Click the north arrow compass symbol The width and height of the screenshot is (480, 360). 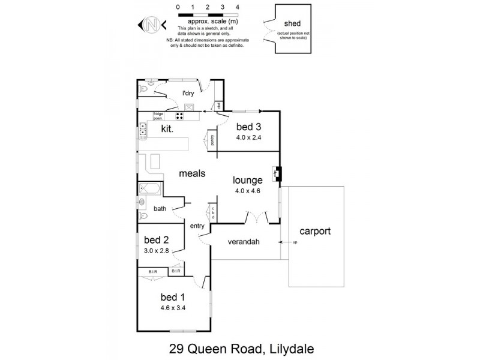point(152,25)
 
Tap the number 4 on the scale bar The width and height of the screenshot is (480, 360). point(238,7)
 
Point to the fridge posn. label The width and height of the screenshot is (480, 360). point(158,115)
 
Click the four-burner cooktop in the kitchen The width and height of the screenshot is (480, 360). point(179,115)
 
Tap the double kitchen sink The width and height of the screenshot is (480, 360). point(143,128)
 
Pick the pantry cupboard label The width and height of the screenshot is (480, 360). point(212,140)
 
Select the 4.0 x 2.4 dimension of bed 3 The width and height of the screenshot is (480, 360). point(248,137)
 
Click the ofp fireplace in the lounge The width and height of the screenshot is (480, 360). point(277,174)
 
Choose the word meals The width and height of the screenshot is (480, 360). point(193,173)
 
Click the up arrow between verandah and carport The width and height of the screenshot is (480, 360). point(287,242)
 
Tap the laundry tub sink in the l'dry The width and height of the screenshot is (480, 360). point(189,107)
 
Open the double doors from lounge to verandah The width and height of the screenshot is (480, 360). point(256,218)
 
